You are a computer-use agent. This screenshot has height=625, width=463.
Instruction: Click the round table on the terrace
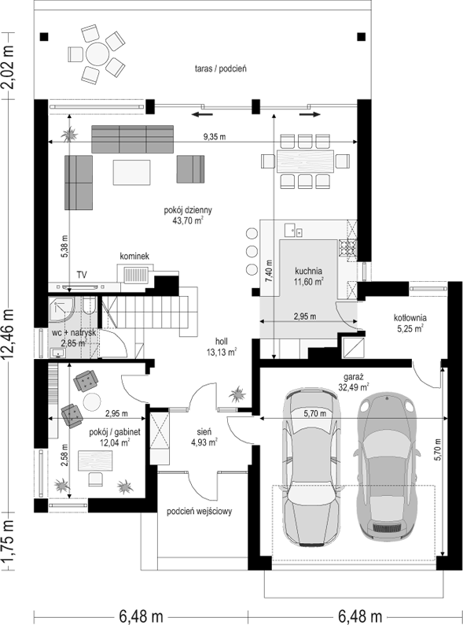click(97, 54)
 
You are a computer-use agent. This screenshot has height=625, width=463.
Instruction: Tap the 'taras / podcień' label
click(221, 68)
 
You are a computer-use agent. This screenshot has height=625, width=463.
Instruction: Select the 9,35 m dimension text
click(215, 137)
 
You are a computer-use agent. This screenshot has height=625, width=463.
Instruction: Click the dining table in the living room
click(305, 161)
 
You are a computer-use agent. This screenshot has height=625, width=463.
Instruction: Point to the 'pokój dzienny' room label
click(188, 210)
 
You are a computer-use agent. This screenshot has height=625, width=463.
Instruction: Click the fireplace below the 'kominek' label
click(136, 274)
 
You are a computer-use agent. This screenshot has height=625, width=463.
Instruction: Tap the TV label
click(82, 275)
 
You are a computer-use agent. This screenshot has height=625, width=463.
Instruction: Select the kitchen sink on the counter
click(293, 230)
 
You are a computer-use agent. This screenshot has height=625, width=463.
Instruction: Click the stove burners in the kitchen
click(347, 247)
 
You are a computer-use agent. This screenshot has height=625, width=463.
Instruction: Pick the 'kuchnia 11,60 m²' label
click(308, 276)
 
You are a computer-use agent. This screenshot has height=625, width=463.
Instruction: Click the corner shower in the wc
click(61, 310)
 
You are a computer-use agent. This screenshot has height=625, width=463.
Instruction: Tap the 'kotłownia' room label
click(410, 318)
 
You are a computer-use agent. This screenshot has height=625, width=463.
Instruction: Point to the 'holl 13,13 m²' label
click(222, 346)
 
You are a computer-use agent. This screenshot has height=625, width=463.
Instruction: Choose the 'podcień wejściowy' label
click(199, 512)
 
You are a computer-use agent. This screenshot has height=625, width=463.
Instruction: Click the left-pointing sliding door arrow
click(202, 115)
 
